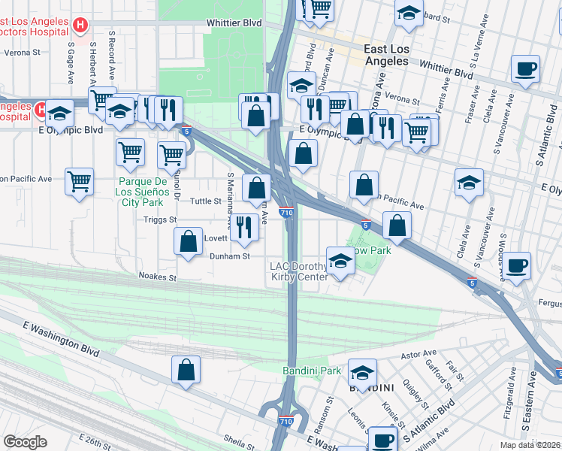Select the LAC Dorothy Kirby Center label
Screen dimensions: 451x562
click(x=299, y=272)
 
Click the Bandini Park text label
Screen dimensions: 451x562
click(x=312, y=371)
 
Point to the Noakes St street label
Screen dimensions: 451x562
click(x=156, y=277)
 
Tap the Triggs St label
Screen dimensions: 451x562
click(x=160, y=219)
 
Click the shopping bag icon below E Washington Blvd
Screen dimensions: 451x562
click(x=186, y=370)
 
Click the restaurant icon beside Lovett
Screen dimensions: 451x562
click(x=243, y=226)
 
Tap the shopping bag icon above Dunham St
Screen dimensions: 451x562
click(x=188, y=241)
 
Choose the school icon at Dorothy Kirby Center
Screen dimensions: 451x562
click(x=340, y=261)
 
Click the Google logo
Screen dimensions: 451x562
click(x=25, y=442)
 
